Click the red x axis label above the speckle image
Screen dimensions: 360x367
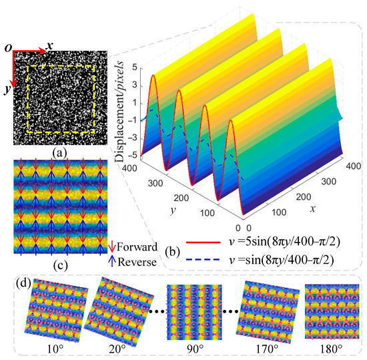pos(49,46)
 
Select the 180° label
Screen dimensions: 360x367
pos(328,349)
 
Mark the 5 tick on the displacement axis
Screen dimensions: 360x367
pos(133,67)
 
